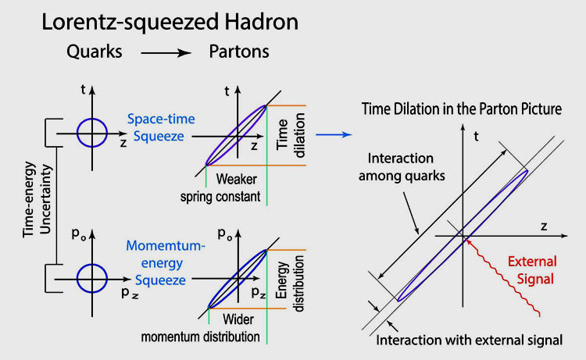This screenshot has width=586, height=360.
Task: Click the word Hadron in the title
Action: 261,22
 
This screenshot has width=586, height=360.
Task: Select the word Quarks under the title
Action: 95,52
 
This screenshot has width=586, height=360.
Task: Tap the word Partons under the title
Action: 239,52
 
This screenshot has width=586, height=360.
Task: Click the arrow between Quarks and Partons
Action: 166,53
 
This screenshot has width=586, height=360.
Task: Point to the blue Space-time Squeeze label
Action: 161,127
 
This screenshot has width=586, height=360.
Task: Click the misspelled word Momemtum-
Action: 166,246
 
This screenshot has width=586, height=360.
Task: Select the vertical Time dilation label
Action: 291,135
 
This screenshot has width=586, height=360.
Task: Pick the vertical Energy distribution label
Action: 290,283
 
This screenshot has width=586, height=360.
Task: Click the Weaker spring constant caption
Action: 220,188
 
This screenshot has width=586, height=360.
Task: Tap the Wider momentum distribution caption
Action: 200,328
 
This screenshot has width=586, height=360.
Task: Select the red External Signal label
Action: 533,270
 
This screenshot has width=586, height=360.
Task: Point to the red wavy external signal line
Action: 502,278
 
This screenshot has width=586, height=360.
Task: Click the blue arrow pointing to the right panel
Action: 334,134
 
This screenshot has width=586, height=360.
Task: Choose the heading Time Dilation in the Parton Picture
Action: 462,109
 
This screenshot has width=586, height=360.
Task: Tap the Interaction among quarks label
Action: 402,167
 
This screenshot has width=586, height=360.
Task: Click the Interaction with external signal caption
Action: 469,340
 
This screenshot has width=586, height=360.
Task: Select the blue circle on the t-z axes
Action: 92,133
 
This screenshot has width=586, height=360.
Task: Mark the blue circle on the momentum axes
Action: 92,278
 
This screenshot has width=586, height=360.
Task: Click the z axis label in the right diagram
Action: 544,226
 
